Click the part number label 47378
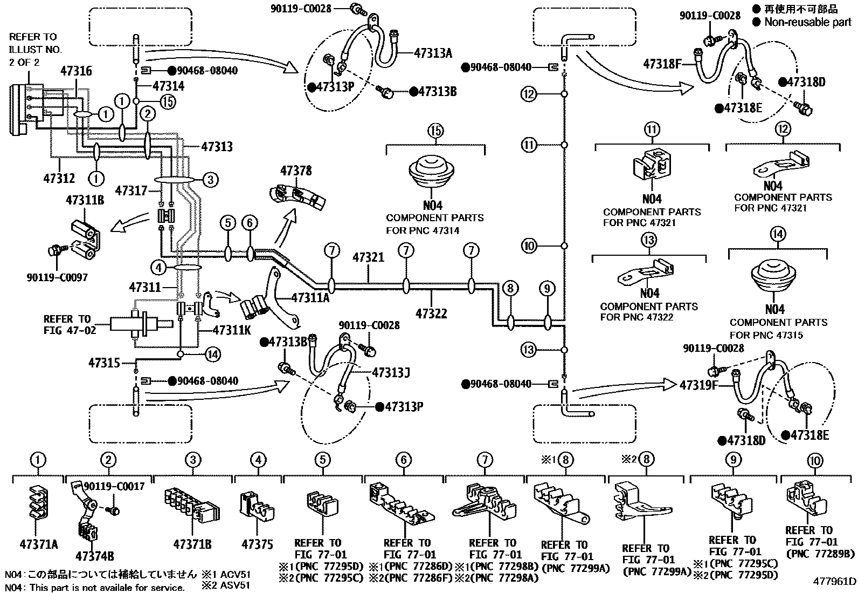[x=295, y=172]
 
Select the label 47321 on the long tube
[x=368, y=257]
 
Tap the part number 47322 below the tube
[x=431, y=313]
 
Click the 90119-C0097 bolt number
[x=57, y=278]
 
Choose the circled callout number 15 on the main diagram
[x=168, y=101]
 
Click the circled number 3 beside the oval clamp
[x=211, y=179]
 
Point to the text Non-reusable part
[x=807, y=22]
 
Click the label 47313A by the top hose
[x=433, y=53]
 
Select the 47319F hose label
[x=699, y=385]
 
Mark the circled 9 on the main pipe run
[x=547, y=289]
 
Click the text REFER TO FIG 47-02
[x=70, y=324]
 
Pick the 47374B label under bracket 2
[x=95, y=556]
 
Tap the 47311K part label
[x=232, y=330]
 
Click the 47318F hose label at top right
[x=662, y=64]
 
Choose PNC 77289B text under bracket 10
[x=820, y=554]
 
